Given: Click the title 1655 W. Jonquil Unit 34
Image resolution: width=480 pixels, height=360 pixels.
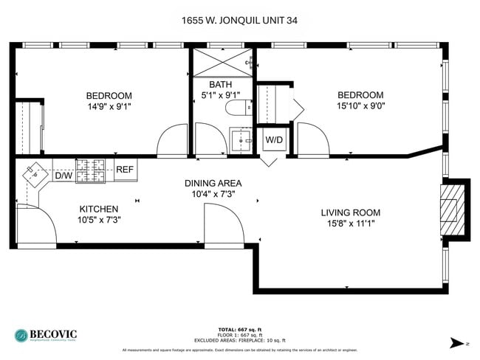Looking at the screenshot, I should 240,21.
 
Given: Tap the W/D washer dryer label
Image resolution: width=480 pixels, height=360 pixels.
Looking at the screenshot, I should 273,139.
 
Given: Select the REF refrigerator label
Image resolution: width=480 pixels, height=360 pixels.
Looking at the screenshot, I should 125,170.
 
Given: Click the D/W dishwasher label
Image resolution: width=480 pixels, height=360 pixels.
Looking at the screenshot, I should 64,176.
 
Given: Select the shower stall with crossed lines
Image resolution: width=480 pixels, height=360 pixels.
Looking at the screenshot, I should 222,62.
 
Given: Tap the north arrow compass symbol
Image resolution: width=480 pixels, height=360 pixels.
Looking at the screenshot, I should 458,342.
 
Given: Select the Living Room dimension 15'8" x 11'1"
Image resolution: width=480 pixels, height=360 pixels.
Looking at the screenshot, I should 350,224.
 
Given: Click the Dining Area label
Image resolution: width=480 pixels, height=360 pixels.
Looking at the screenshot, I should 213,183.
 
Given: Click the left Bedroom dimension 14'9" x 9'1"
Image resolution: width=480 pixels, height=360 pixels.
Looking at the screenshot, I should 109,106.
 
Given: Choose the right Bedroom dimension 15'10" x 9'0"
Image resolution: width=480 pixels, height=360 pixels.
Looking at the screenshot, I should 360,105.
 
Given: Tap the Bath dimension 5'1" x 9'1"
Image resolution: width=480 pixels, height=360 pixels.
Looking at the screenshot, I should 220,95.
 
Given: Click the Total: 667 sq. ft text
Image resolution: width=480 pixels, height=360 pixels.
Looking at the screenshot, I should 239,329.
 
